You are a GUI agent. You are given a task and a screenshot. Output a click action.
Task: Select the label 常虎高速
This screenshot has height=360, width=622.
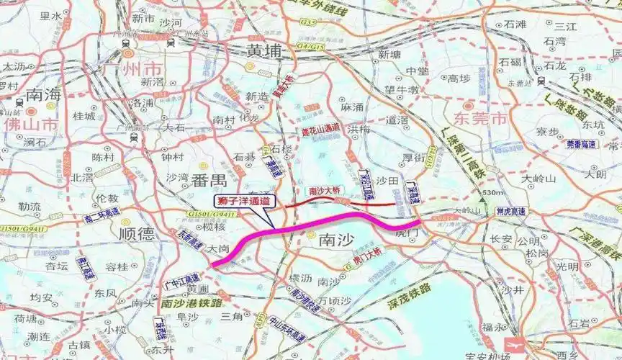pos(510,211)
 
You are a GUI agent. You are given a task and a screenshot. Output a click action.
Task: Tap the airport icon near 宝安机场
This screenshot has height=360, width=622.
pos(516,344)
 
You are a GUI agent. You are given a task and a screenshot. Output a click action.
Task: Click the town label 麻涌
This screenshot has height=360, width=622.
pos(353,107)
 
